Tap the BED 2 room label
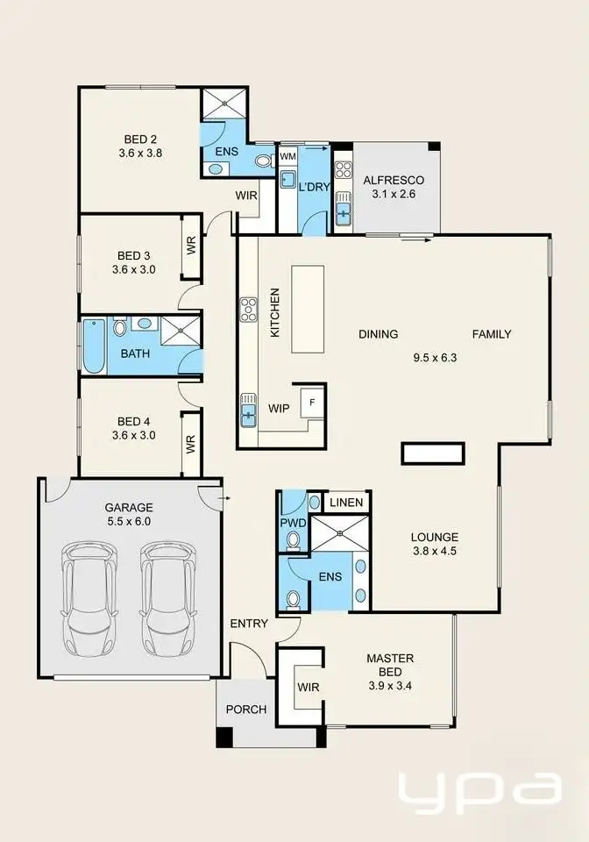coord(140,138)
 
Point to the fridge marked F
coord(309,403)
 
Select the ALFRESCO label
coord(394,181)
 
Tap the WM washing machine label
coord(287,157)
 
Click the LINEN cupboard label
coord(346,503)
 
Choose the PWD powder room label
coord(293,524)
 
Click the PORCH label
coord(246,710)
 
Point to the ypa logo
coord(479,793)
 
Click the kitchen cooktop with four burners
coord(249,307)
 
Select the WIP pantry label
coord(279,408)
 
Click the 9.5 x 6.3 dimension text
coord(435,358)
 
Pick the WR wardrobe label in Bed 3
coord(191,246)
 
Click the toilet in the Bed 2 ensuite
coord(262,161)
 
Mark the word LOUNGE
coord(435,538)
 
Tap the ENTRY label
coord(248,624)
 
